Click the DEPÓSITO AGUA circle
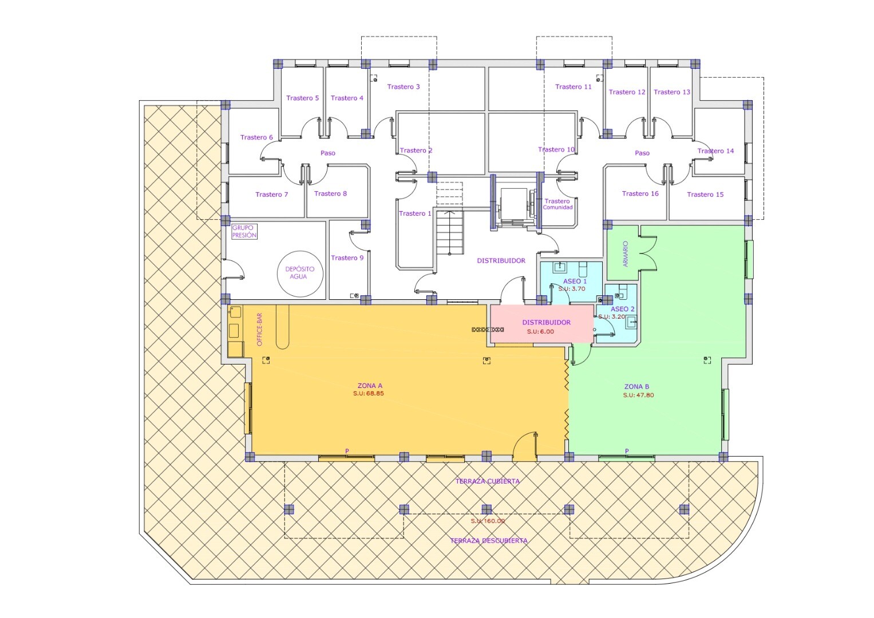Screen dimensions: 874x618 (300, 251)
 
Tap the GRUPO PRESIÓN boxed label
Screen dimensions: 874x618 (244, 231)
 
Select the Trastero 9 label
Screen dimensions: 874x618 (347, 258)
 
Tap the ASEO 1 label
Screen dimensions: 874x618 (575, 282)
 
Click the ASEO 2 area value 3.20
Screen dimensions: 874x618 (618, 317)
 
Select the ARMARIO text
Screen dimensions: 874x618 (626, 253)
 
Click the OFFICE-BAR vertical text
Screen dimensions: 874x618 (259, 330)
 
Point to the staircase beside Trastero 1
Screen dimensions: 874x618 (450, 232)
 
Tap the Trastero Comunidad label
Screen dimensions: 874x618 (557, 204)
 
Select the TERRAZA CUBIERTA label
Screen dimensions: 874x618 (487, 481)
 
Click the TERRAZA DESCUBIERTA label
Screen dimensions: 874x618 (489, 541)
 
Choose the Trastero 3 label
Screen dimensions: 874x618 (404, 86)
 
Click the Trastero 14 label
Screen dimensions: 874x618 (715, 151)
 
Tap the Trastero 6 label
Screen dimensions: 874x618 (256, 137)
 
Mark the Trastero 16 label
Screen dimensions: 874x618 (640, 193)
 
